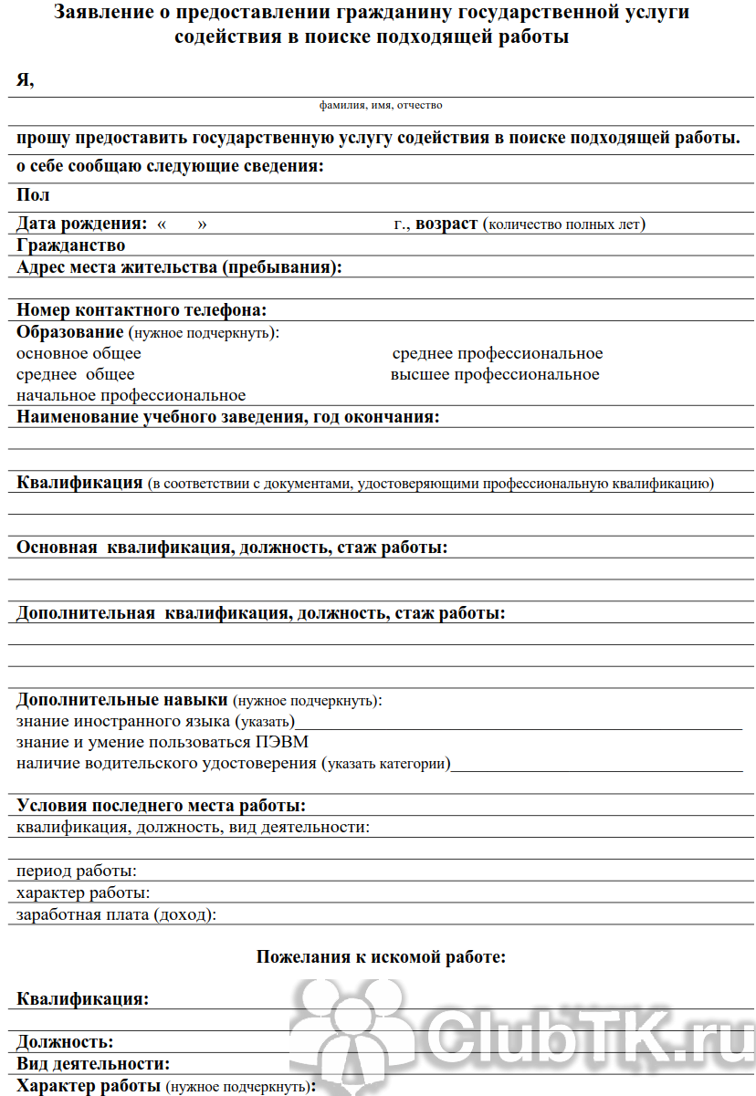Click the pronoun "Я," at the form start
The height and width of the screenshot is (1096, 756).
[25, 80]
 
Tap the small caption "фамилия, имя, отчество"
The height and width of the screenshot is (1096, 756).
[381, 106]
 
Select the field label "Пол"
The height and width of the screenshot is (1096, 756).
[33, 195]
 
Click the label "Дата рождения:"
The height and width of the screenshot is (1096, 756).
[82, 224]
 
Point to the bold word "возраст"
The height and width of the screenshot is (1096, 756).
[446, 224]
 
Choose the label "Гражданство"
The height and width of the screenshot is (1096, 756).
[70, 245]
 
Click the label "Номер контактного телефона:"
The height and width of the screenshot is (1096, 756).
[142, 310]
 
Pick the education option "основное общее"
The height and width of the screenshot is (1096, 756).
[79, 353]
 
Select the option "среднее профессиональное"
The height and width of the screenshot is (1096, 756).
[498, 353]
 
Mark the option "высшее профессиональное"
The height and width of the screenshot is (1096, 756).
[495, 374]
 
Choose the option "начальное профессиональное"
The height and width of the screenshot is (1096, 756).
[131, 395]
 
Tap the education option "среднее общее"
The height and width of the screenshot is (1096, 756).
[75, 374]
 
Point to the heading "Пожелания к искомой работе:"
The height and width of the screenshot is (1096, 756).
[381, 957]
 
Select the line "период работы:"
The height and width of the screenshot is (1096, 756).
[77, 871]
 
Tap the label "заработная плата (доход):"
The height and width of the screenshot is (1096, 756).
[117, 913]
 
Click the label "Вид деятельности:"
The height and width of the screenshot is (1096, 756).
[93, 1064]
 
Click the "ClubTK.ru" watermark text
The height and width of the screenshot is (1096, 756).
[584, 1032]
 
